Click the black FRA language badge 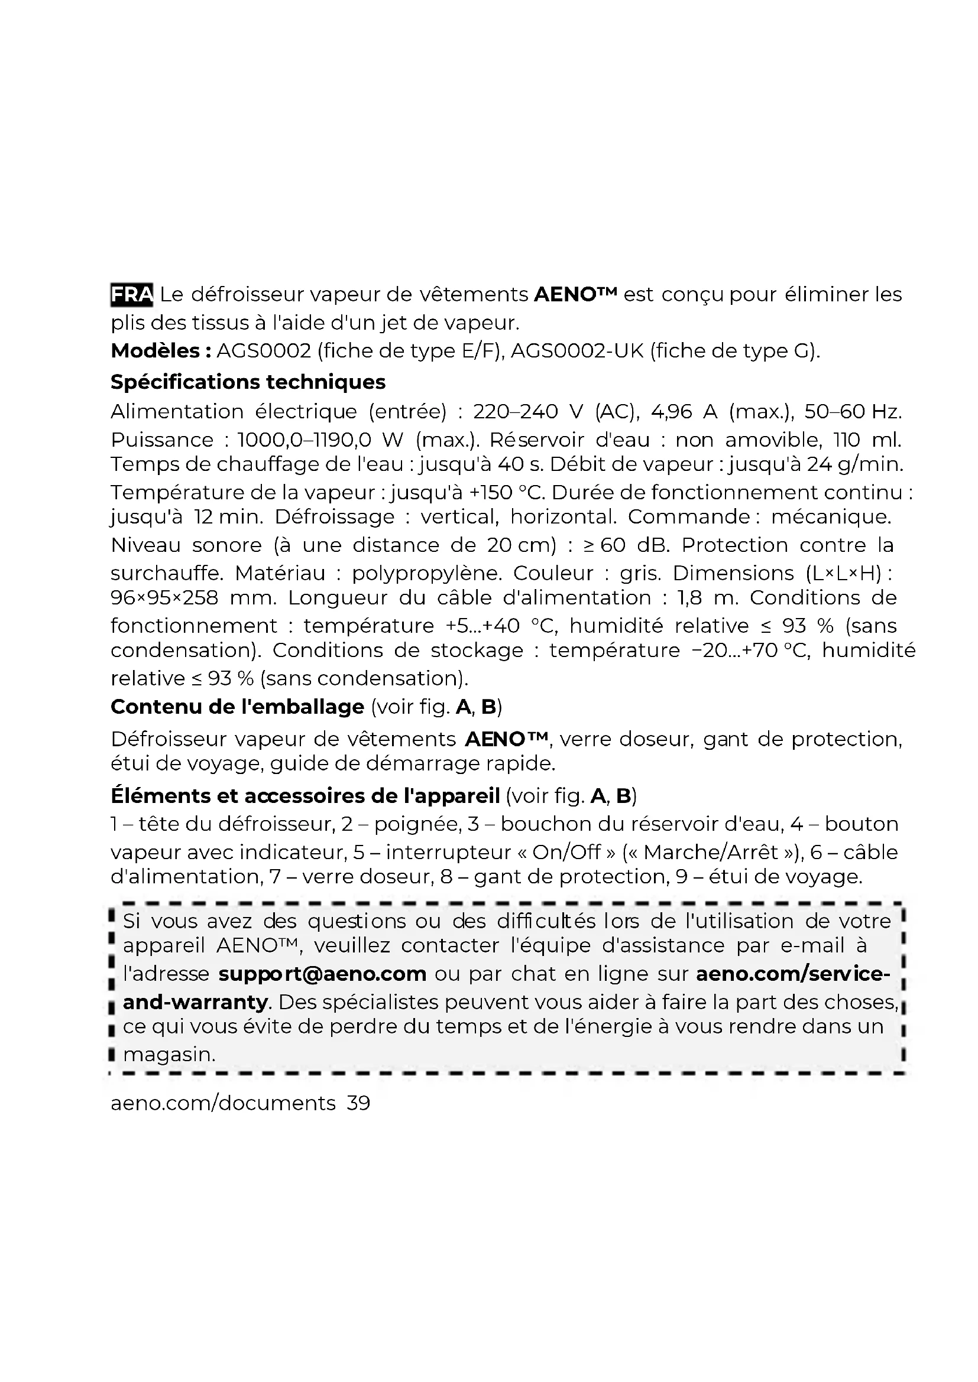[x=132, y=294]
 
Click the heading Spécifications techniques [x=248, y=382]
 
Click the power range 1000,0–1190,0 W [x=320, y=440]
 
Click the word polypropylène [x=427, y=573]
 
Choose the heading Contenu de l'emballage [x=237, y=706]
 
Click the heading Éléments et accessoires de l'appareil [x=305, y=796]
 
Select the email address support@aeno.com [x=322, y=973]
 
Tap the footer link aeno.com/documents [x=223, y=1103]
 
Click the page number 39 [x=359, y=1103]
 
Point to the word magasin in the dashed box [x=169, y=1054]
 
